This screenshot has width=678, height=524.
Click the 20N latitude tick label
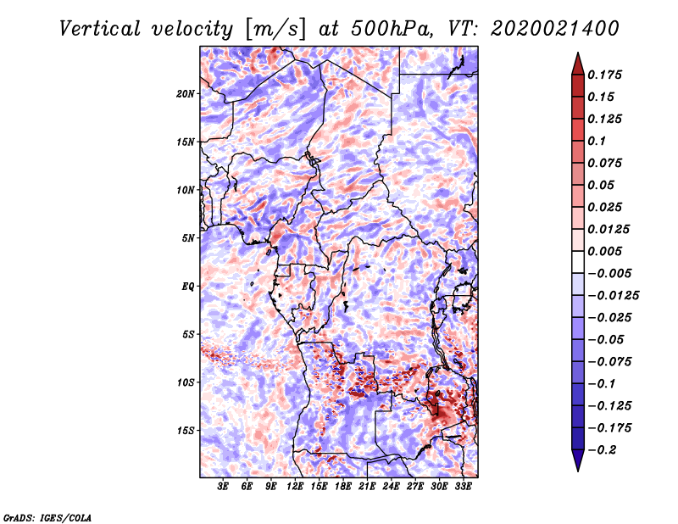pos(186,94)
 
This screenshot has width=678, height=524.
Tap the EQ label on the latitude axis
pos(188,287)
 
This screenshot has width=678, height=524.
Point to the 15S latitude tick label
pos(186,431)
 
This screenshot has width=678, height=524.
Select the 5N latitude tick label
pos(188,238)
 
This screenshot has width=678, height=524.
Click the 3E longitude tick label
pos(223,487)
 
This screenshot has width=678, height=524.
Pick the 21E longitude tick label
pos(367,487)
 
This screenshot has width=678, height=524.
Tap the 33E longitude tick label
pos(463,487)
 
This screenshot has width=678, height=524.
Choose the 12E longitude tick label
pos(295,487)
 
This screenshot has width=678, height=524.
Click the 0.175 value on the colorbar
pos(604,75)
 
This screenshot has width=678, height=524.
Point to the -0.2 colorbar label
pos(602,450)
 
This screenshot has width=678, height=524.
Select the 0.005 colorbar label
pos(604,251)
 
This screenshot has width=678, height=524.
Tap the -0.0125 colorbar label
pos(613,296)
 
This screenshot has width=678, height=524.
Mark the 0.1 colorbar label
pos(597,141)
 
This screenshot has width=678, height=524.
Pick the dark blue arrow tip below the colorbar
pos(578,471)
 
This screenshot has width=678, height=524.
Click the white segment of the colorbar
pos(578,262)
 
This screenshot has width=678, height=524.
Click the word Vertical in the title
pos(100,29)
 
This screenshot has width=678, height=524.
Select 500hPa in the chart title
pos(392,29)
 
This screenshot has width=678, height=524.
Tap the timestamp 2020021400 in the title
pos(555,29)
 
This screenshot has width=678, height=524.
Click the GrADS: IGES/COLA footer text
pos(47,518)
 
